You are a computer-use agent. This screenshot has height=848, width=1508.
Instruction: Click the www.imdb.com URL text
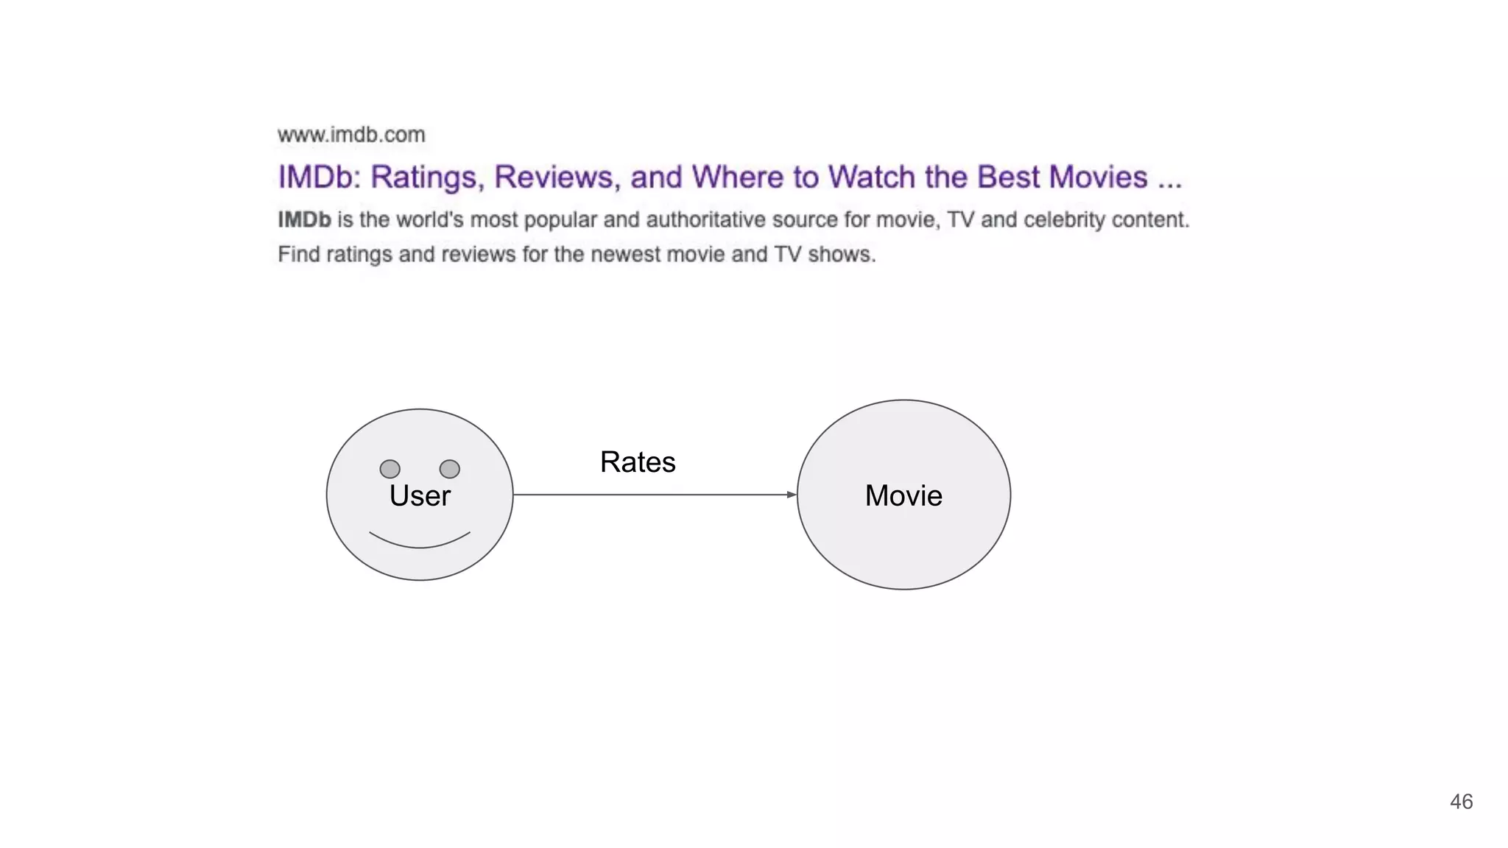351,135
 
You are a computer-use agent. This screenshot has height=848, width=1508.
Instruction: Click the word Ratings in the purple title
426,177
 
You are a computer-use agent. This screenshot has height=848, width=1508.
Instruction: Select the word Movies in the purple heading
1098,177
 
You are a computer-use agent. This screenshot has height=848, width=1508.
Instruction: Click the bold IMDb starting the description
304,219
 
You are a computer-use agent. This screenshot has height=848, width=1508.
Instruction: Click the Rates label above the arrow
638,462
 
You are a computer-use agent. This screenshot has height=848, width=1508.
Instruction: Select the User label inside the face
420,496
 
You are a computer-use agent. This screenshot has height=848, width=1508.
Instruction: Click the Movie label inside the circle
903,496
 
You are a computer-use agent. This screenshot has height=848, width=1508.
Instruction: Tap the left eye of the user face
390,469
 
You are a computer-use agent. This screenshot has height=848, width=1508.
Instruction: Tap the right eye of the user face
449,469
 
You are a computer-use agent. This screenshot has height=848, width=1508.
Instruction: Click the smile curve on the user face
420,546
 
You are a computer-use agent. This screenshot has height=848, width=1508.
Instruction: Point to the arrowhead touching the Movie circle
792,495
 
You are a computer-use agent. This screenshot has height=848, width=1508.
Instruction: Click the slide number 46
1461,802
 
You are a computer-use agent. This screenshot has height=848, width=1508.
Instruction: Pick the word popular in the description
560,220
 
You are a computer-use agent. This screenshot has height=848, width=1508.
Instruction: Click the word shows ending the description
840,255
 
